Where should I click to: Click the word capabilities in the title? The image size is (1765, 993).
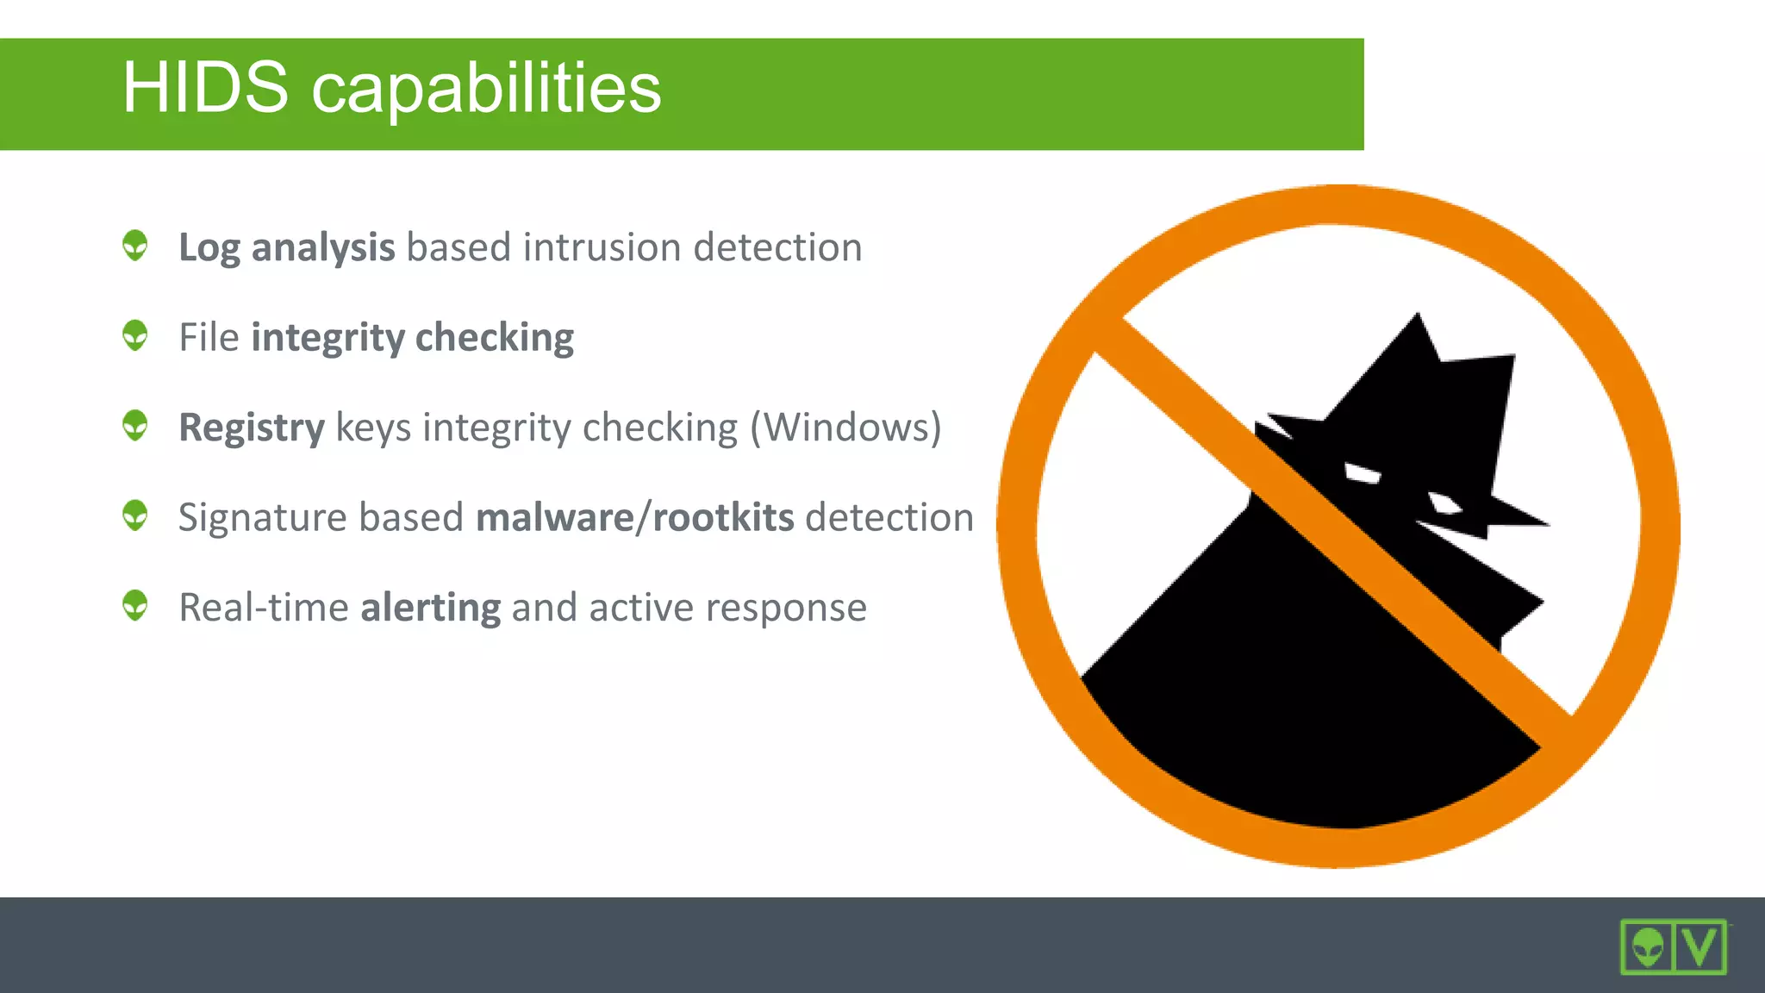point(486,90)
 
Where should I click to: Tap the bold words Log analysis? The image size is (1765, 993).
point(286,248)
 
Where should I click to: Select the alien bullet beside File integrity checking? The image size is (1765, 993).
point(135,335)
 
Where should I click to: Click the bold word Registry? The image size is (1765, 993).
point(251,428)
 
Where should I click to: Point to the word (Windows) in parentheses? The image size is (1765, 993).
point(845,428)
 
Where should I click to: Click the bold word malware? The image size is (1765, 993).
point(554,517)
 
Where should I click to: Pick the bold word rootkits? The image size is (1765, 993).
point(723,517)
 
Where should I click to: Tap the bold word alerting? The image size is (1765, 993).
point(430,608)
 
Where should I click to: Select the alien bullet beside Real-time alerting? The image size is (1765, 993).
point(135,605)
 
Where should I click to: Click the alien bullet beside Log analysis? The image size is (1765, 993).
point(135,245)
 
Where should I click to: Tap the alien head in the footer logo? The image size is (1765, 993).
point(1648,947)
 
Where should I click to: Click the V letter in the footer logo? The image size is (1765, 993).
point(1700,946)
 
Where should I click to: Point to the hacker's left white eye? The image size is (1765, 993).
point(1362,473)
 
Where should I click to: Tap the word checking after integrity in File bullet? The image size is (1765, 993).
point(494,338)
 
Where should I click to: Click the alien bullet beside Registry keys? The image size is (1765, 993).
point(135,425)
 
